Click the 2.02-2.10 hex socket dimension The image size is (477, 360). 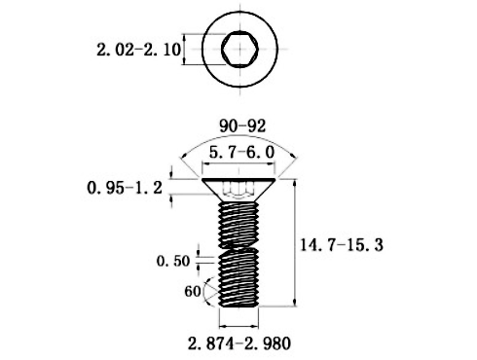[x=138, y=50]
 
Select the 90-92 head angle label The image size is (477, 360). [x=242, y=126]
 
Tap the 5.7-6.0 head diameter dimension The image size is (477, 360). [x=241, y=152]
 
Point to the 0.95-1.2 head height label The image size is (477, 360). [x=125, y=188]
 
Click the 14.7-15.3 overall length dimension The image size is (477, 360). [x=342, y=245]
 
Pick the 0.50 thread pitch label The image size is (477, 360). [x=173, y=261]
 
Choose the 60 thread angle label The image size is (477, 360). [x=193, y=292]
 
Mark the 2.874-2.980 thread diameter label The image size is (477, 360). [x=239, y=343]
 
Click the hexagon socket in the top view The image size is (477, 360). [x=240, y=49]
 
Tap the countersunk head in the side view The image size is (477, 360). [x=238, y=190]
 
